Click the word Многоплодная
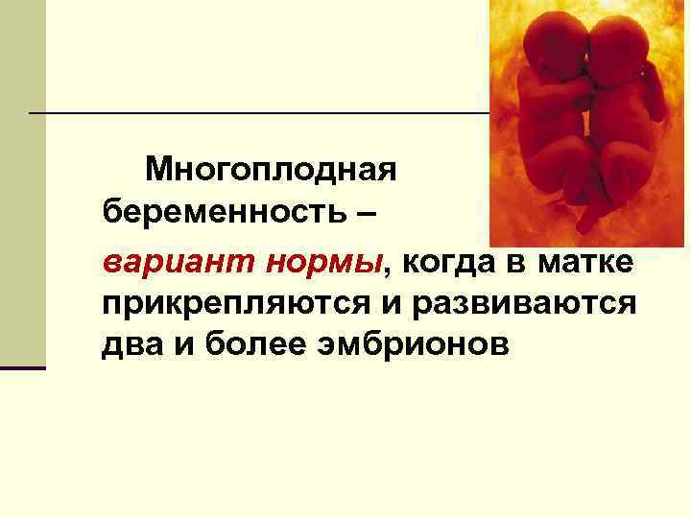pyautogui.click(x=270, y=172)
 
